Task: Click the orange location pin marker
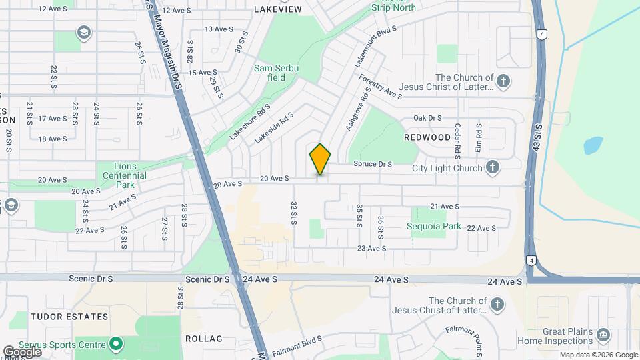321,159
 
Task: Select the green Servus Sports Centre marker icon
116,345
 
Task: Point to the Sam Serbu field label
277,73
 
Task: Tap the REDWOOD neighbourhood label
427,137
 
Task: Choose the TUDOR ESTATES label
69,317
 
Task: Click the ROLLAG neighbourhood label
203,339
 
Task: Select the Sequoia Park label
434,226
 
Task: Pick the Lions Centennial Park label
121,175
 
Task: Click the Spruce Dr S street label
371,164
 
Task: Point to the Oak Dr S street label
427,118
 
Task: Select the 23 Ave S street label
371,248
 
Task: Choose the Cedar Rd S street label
458,137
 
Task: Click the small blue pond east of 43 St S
593,145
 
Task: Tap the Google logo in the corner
21,351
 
